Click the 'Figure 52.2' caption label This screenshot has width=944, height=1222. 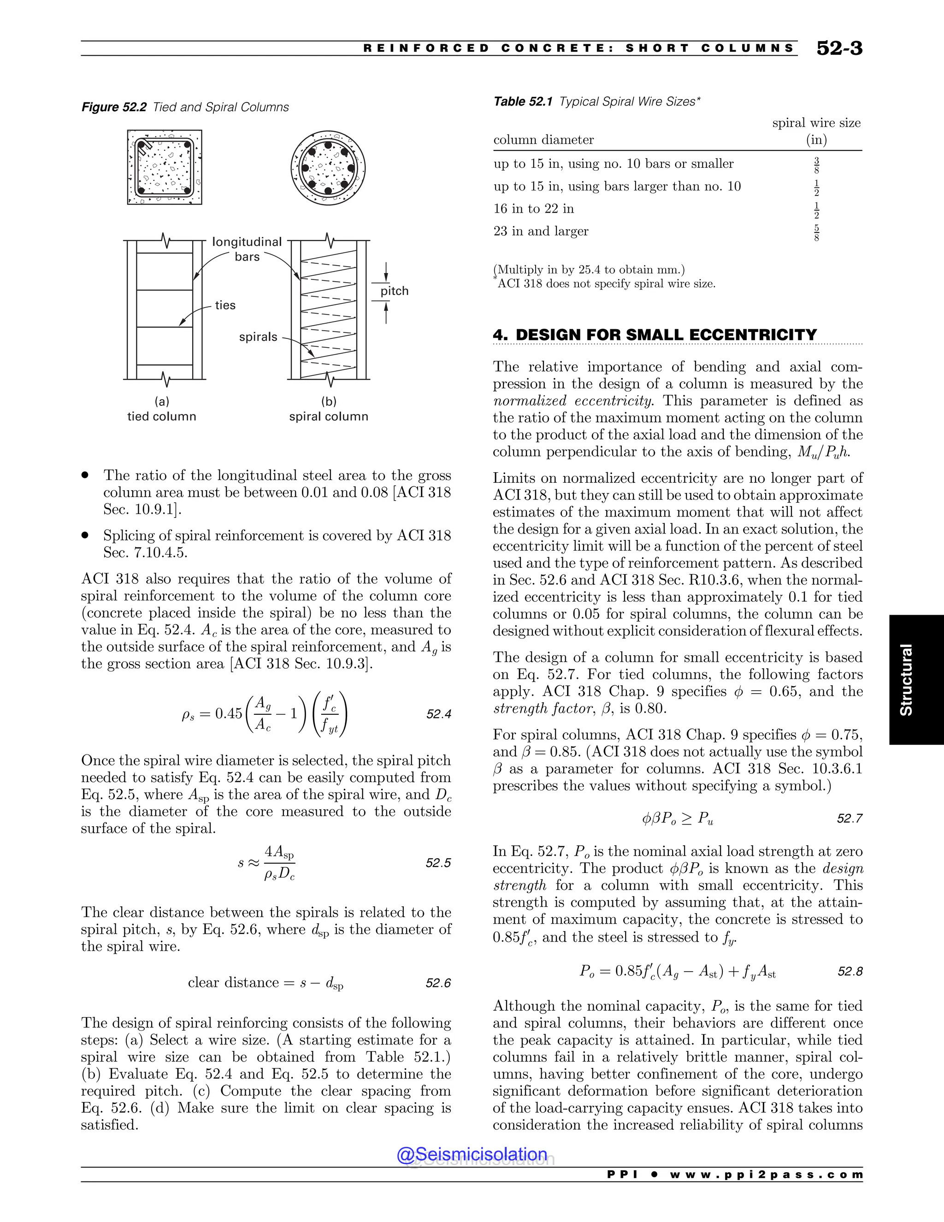(114, 107)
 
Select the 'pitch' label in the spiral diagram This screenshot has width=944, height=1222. (394, 291)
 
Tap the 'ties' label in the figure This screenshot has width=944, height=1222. (225, 305)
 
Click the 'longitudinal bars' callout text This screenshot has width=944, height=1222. (247, 249)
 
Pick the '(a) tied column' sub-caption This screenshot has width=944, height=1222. (162, 409)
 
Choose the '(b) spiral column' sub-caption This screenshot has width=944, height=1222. (329, 409)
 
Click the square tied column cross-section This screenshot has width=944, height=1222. (165, 167)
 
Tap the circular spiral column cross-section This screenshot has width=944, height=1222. (328, 167)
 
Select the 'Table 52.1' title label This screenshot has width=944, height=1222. (523, 101)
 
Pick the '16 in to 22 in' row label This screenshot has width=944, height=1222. (533, 209)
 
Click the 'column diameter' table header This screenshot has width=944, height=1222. (543, 140)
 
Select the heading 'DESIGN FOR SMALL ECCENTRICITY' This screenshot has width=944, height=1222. (666, 335)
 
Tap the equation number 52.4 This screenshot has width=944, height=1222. (438, 714)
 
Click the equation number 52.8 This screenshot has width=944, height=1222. (850, 971)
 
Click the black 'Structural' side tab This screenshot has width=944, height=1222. (916, 679)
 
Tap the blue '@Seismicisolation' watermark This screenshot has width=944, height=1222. (472, 1154)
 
